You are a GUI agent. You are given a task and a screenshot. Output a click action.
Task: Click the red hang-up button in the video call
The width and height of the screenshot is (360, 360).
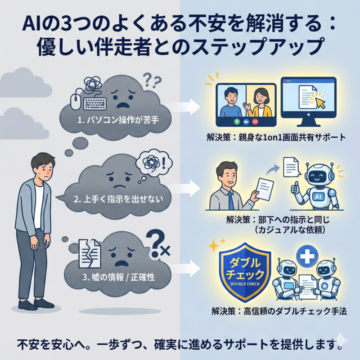[256, 121]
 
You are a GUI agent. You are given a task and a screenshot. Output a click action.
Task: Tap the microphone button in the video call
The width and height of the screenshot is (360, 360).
[237, 121]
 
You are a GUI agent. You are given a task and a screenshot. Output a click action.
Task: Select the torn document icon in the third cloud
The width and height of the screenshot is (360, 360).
[90, 253]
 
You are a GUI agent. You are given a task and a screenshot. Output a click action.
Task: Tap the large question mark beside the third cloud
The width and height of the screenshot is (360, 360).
[156, 244]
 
